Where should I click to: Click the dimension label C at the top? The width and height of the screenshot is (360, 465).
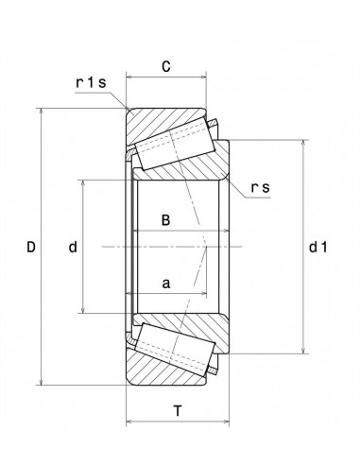tap(165, 66)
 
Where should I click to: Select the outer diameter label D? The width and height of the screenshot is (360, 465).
tap(31, 248)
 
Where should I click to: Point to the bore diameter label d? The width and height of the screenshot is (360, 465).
tap(72, 248)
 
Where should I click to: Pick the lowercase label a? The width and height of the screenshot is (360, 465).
tap(165, 283)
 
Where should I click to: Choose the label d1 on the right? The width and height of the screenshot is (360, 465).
tap(317, 248)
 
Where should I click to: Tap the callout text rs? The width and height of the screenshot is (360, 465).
tap(260, 187)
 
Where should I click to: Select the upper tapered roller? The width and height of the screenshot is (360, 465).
tap(173, 143)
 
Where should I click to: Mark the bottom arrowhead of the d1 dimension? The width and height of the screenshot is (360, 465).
tap(303, 349)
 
